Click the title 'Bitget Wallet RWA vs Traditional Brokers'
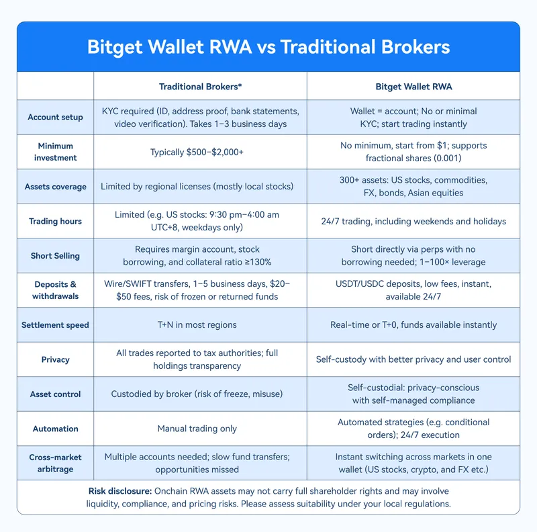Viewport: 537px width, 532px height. [x=268, y=46]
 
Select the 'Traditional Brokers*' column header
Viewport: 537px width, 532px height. [x=200, y=87]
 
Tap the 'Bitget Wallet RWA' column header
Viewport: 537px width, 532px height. [x=413, y=87]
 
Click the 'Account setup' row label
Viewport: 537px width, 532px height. [x=55, y=118]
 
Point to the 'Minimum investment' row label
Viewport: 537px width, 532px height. [x=55, y=152]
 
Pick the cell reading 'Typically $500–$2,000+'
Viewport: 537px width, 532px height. [x=197, y=152]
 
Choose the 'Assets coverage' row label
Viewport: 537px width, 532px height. [x=55, y=187]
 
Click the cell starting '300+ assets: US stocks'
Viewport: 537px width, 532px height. [x=413, y=187]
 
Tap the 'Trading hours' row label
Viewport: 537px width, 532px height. [x=55, y=221]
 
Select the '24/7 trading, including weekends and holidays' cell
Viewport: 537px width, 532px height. [x=413, y=221]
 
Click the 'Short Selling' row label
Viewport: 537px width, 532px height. [x=55, y=256]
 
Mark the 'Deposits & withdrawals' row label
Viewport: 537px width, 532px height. [x=55, y=290]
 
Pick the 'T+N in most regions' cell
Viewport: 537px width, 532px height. [x=197, y=324]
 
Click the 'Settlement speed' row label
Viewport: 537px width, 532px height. [x=55, y=324]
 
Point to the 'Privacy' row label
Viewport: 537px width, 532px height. [x=55, y=359]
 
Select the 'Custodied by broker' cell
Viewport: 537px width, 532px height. [x=197, y=394]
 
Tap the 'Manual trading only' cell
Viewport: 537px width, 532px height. [x=197, y=429]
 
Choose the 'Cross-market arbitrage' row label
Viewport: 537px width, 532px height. [x=55, y=463]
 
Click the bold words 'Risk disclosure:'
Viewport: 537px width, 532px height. [x=120, y=491]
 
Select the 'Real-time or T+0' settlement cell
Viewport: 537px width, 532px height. [x=413, y=324]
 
